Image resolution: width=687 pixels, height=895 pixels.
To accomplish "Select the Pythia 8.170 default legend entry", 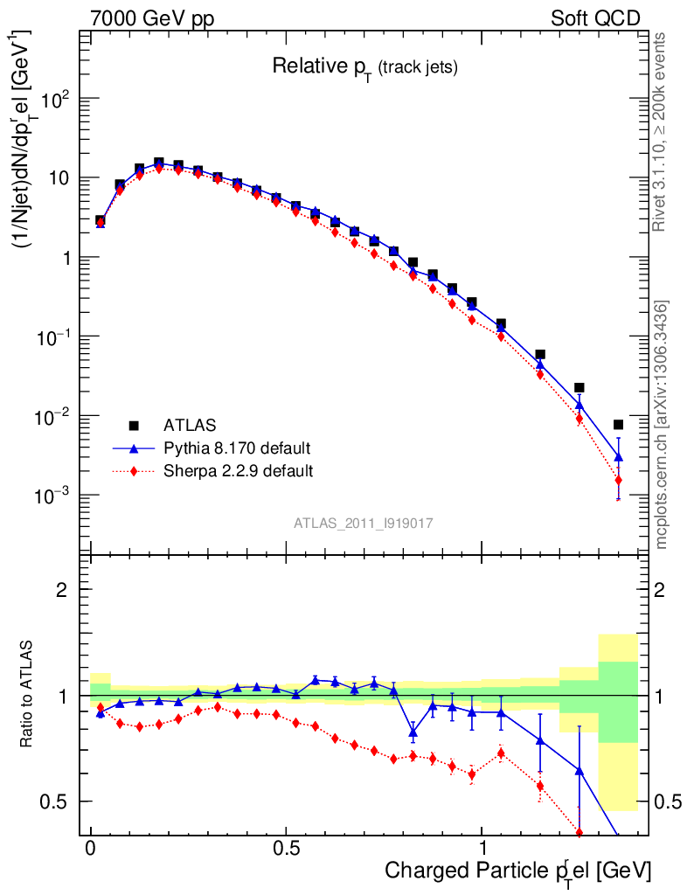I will [236, 448].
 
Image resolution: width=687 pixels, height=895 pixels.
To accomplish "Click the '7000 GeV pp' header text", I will [153, 18].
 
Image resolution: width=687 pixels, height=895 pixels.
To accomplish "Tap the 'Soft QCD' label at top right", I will [595, 18].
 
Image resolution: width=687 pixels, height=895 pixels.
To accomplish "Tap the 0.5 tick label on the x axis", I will [287, 849].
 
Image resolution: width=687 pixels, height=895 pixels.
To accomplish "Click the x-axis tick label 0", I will [90, 849].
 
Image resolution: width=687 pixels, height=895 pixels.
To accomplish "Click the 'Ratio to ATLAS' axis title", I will [29, 695].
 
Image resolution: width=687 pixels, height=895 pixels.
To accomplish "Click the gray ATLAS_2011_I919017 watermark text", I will [364, 523].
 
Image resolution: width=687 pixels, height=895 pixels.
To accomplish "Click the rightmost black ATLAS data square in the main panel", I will [618, 425].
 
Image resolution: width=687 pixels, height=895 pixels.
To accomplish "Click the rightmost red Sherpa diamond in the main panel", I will [618, 480].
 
